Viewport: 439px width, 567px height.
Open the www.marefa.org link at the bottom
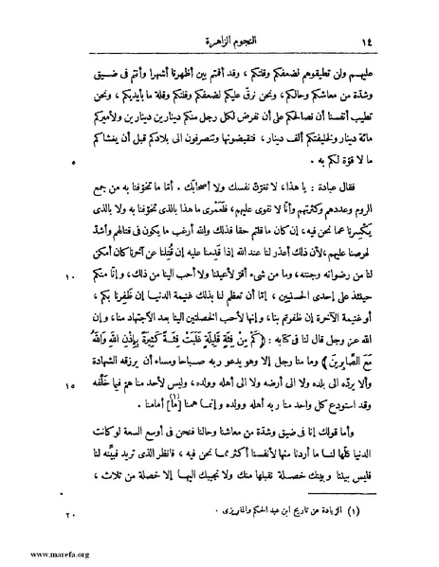[x=38, y=557]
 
